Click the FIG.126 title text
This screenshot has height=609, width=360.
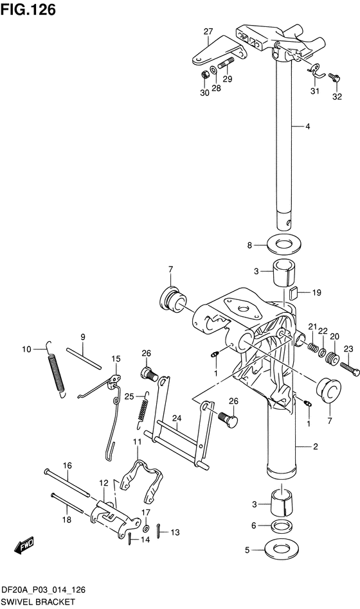pos(28,10)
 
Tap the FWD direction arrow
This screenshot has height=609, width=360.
pos(24,545)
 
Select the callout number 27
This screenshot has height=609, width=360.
pos(208,31)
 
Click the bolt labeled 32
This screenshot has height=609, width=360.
pos(334,77)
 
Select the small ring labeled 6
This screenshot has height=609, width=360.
pos(282,526)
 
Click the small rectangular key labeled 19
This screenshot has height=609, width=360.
pos(294,292)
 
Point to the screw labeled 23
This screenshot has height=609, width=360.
pos(350,369)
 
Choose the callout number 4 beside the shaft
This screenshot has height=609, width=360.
pos(307,126)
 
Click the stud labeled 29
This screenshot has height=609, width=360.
pos(226,63)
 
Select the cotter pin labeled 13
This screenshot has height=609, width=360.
pos(160,531)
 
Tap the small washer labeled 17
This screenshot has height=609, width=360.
pos(146,529)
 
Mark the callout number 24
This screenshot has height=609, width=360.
pos(177,418)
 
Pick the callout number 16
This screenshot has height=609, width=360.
pos(67,465)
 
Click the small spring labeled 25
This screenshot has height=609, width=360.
pos(143,409)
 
